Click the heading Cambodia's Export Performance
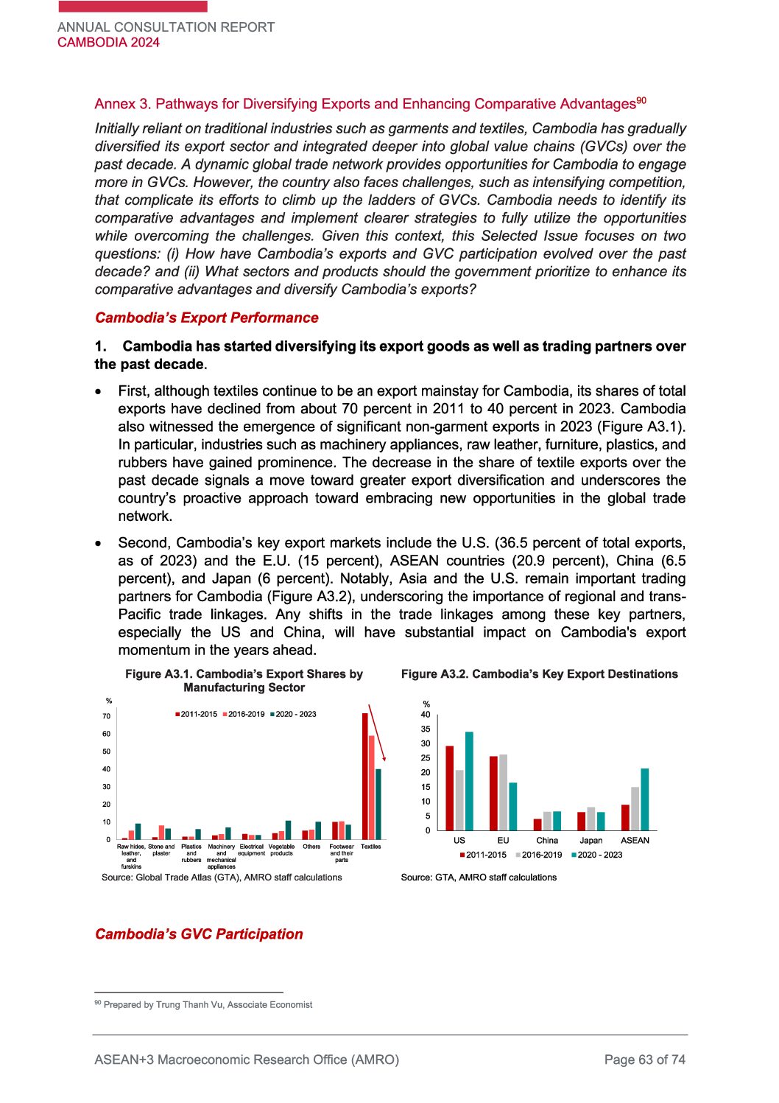point(206,318)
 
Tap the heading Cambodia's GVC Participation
point(199,934)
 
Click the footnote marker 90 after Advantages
point(641,100)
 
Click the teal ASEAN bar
point(645,799)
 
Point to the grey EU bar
point(503,792)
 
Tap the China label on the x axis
point(547,840)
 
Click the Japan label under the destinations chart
point(591,840)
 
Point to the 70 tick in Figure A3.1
point(107,716)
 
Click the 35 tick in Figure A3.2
point(426,729)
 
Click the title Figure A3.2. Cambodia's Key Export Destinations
point(539,673)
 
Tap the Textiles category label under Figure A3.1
point(371,847)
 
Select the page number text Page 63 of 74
point(644,1060)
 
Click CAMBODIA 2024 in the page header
point(108,42)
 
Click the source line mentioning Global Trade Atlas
point(222,877)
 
